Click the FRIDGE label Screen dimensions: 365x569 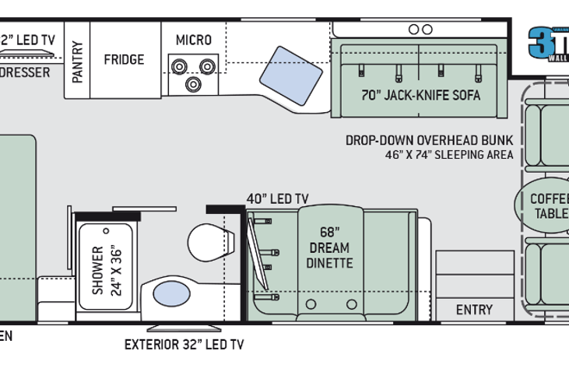click(124, 59)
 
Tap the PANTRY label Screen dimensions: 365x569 click(77, 61)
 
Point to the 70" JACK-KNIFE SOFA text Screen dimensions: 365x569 click(420, 96)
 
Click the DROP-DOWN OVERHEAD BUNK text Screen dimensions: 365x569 click(430, 140)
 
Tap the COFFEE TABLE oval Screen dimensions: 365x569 click(545, 205)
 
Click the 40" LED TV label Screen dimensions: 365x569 click(278, 199)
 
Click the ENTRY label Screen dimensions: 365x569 click(474, 309)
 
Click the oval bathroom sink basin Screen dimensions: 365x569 click(172, 294)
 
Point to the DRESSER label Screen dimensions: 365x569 click(25, 72)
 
